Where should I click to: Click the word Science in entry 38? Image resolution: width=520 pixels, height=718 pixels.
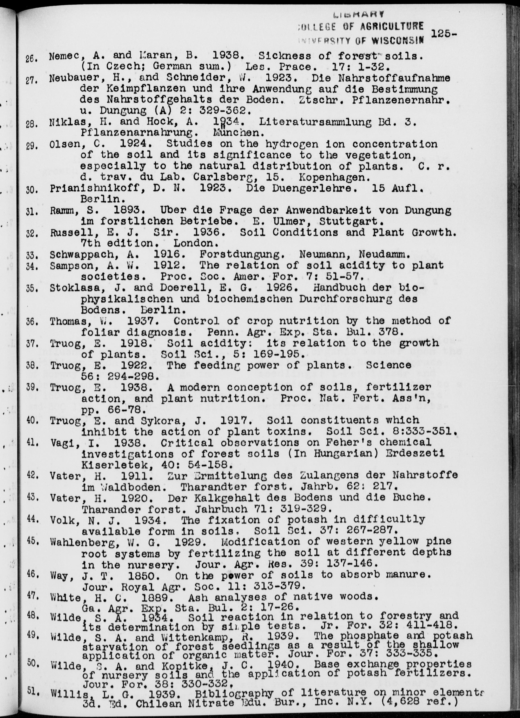[389, 365]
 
